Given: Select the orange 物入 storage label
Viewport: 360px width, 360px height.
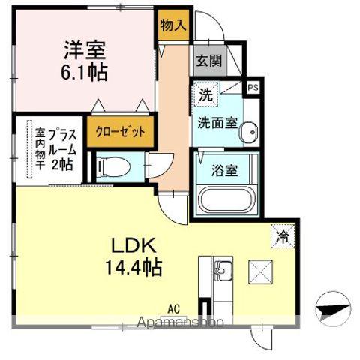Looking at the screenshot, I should pos(173,25).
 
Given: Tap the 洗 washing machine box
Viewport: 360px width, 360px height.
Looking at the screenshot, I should pos(205,95).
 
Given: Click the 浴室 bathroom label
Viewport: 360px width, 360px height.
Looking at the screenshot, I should pos(224,169).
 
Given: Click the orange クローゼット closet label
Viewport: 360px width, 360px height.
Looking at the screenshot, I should pos(120,130).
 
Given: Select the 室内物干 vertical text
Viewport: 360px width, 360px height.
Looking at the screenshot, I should pos(40,151).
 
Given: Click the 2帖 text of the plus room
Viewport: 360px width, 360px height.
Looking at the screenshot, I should pos(61,164).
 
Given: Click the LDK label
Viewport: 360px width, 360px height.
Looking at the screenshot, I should pos(133,247).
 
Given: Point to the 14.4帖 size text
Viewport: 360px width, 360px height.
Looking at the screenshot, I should pos(133,265).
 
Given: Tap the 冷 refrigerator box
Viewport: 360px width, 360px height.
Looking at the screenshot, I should pos(283,235).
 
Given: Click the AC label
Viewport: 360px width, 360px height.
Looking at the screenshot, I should pos(174,307).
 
